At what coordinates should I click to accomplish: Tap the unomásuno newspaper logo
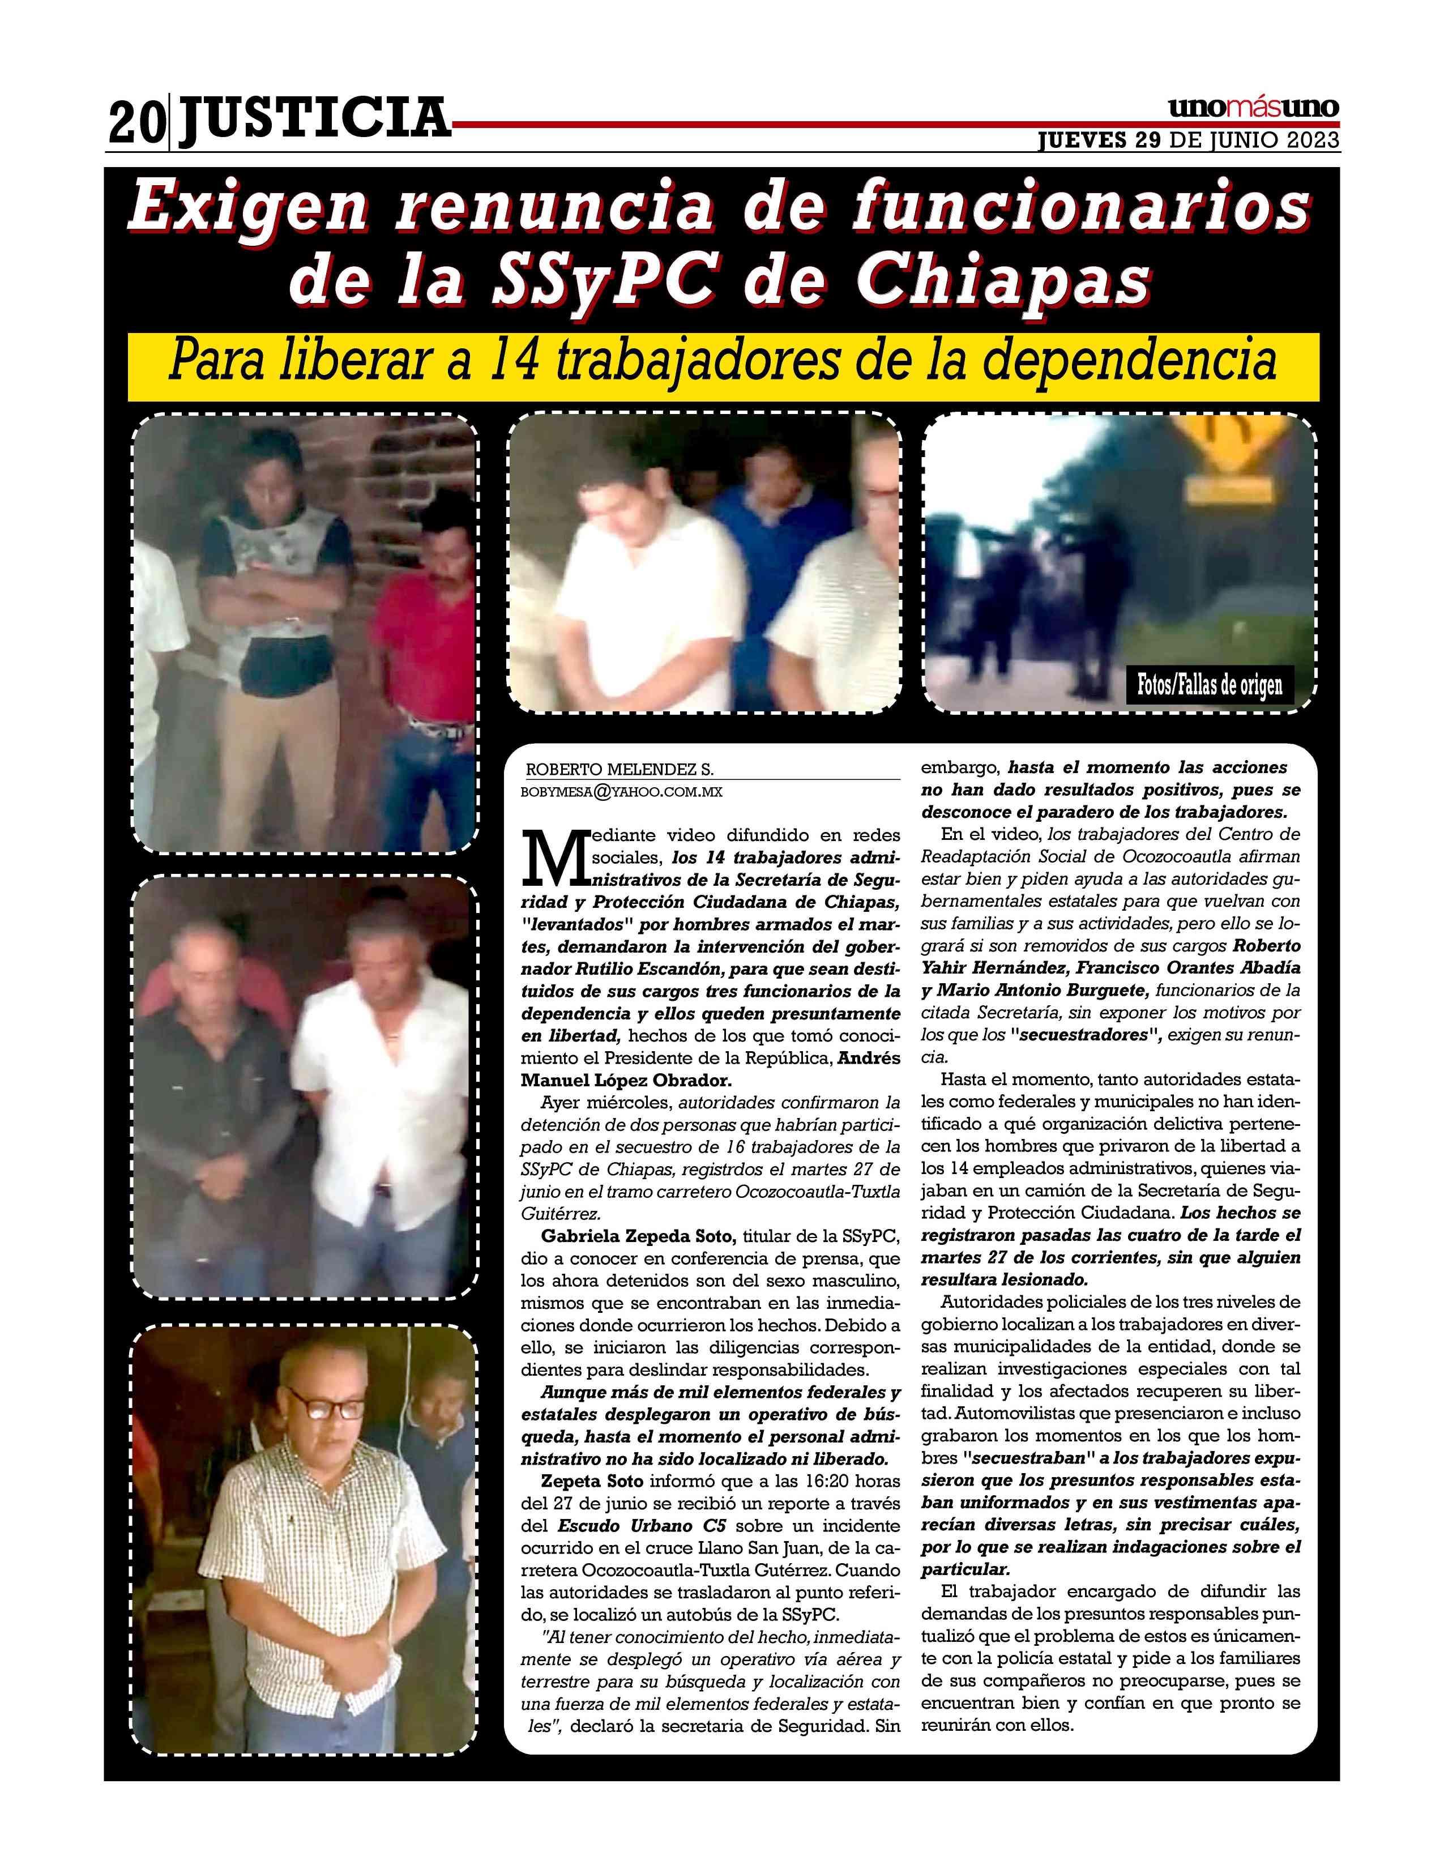(1253, 109)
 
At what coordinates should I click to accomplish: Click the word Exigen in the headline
(248, 208)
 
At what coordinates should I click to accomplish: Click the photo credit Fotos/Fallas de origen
(1209, 685)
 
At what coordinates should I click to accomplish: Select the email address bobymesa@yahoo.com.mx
(622, 792)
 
